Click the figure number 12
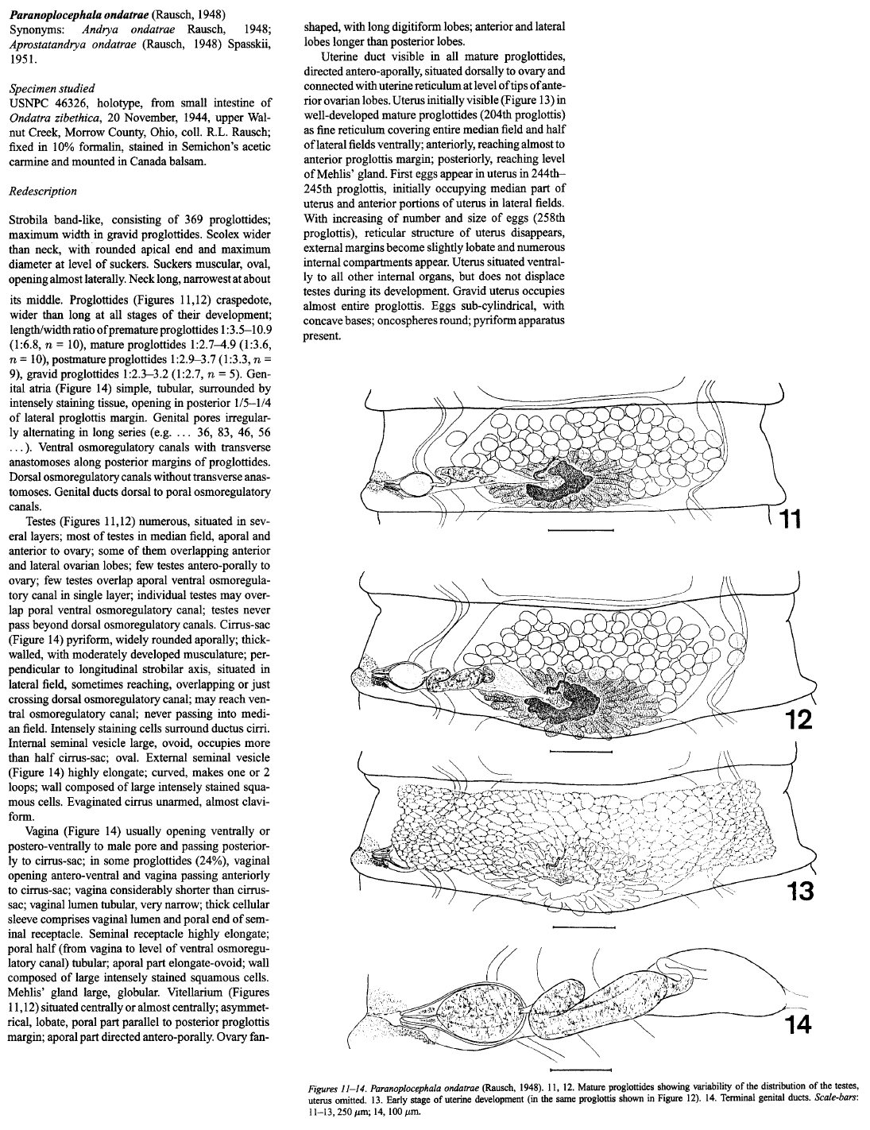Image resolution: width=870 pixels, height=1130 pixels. (792, 721)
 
